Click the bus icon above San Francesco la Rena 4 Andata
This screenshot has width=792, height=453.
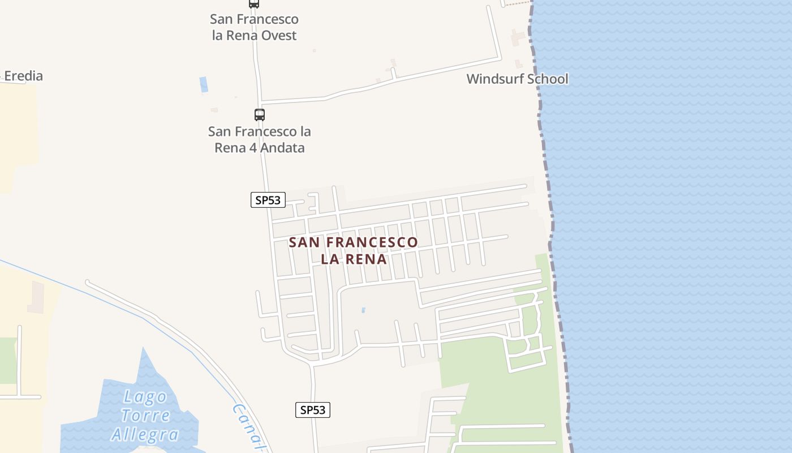[259, 115]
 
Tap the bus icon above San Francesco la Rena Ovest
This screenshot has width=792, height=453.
[254, 3]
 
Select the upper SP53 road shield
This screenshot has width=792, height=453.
[268, 200]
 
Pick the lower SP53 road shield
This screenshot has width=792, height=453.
[313, 410]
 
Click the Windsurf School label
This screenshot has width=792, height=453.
[517, 79]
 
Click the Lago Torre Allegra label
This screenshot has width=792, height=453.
[145, 416]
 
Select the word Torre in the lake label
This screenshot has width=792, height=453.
[145, 416]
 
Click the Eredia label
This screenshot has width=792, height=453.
[23, 76]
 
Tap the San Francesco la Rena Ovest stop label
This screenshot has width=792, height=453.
[254, 27]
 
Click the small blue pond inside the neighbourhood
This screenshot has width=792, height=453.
[363, 310]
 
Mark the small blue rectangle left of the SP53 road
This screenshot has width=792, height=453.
[204, 84]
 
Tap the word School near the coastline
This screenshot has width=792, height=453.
[546, 79]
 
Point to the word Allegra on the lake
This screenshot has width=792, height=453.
[145, 434]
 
